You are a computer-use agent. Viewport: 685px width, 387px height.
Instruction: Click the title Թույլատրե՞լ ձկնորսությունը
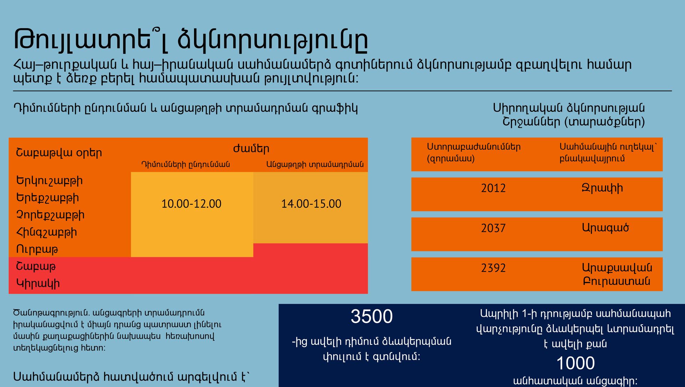coord(191,40)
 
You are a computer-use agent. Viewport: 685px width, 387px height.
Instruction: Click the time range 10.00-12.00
coord(191,204)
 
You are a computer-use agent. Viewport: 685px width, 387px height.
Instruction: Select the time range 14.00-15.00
coord(311,204)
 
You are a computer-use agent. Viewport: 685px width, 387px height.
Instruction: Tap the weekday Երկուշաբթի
coord(49,181)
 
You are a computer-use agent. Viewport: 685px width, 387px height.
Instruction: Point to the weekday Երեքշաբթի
coord(47,198)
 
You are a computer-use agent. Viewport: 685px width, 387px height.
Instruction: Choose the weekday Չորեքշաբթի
coord(50,215)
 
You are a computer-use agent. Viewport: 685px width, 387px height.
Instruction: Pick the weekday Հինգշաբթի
coord(46,232)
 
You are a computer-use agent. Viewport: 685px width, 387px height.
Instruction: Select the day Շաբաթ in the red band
coord(36,266)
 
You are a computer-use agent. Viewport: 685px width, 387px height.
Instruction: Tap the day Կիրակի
coord(38,284)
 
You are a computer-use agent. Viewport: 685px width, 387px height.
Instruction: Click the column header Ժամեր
coord(251,149)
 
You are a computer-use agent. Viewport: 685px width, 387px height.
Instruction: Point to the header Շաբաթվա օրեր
coord(59,153)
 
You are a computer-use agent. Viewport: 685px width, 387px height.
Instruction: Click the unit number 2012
coord(493,188)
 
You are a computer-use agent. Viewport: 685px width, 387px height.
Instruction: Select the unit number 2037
coord(493,228)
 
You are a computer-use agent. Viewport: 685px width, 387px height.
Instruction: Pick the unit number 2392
coord(493,268)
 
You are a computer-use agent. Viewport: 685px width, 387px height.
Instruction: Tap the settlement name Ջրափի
coord(602,188)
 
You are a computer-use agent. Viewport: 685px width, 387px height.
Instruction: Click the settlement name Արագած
coord(605,228)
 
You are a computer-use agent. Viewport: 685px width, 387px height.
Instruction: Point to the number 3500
coord(371,316)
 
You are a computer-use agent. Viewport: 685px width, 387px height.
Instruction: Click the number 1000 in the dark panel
coord(575,363)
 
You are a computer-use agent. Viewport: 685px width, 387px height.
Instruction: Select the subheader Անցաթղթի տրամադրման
coord(315,164)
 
